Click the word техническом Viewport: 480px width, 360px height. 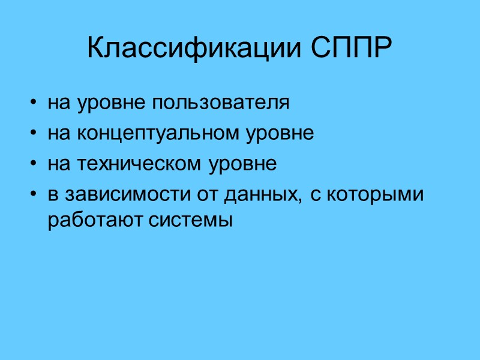tap(139, 164)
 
